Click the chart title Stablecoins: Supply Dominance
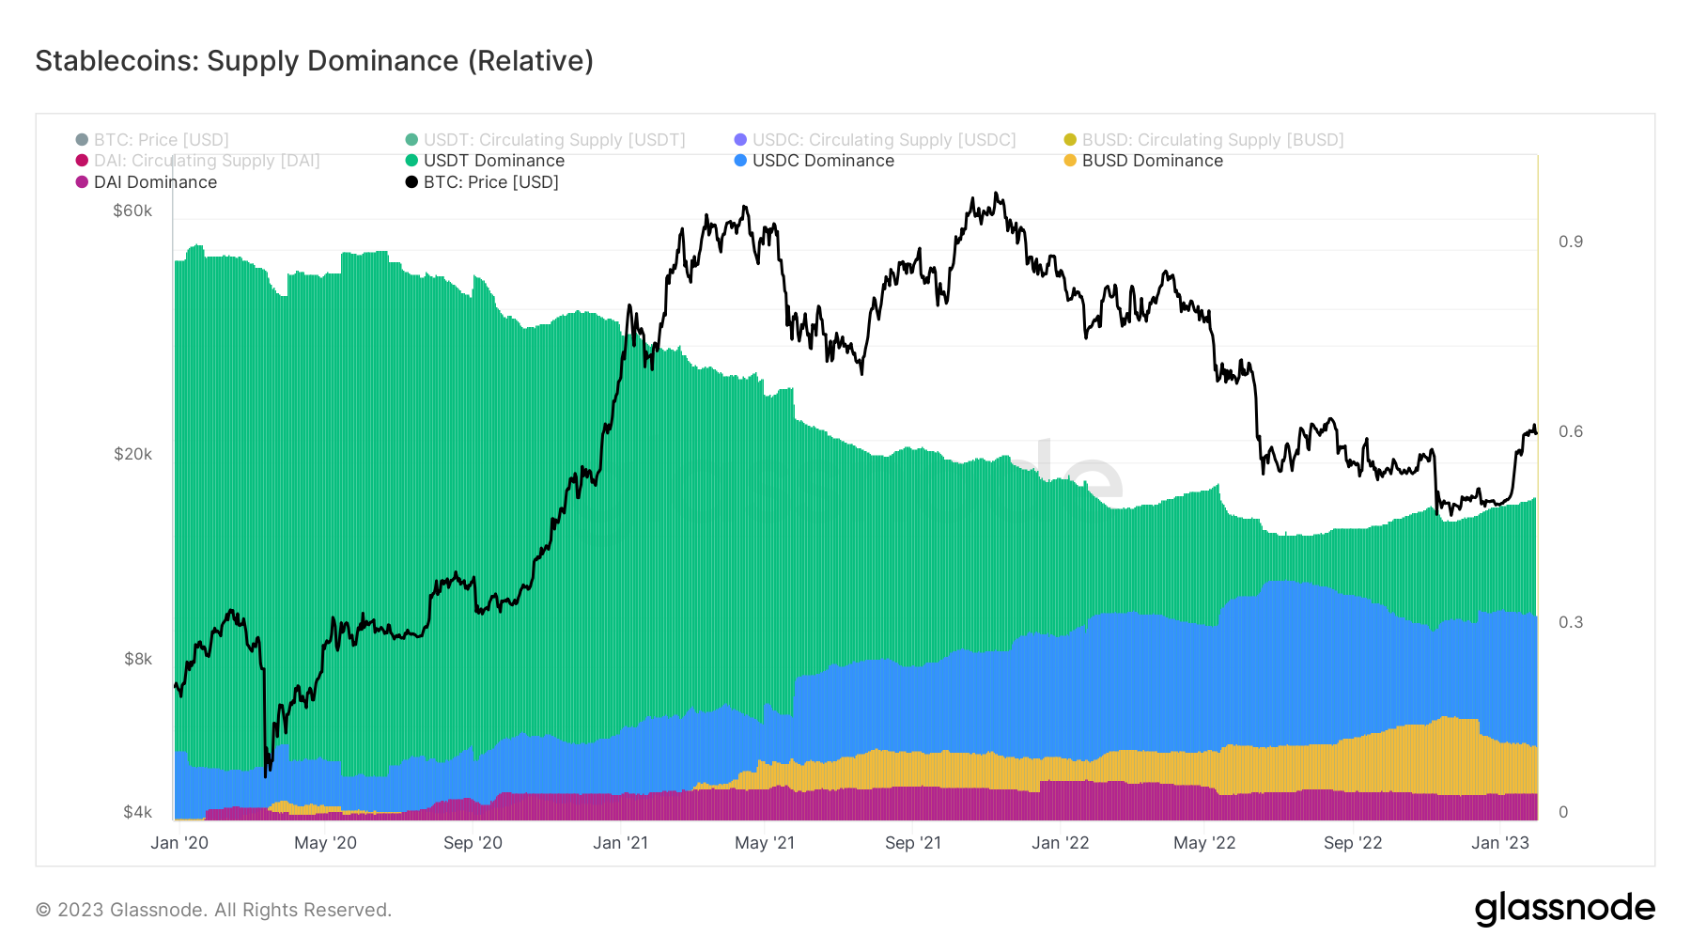(314, 61)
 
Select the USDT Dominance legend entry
(493, 161)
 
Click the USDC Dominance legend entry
(823, 161)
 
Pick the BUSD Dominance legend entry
(1152, 161)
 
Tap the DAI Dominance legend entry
(155, 182)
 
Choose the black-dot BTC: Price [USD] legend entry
(490, 182)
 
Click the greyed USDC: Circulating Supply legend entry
(883, 140)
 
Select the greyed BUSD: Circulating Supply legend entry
(1212, 140)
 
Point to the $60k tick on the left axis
(132, 211)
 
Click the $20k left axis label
(132, 454)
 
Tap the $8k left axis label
(138, 659)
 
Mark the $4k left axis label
(137, 812)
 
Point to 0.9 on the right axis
(1570, 242)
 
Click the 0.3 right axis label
(1570, 622)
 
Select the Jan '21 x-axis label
(620, 843)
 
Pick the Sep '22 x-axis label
(1352, 843)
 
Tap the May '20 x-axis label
(325, 843)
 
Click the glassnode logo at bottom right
(1564, 909)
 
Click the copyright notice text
(213, 910)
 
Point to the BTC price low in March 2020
(266, 775)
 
